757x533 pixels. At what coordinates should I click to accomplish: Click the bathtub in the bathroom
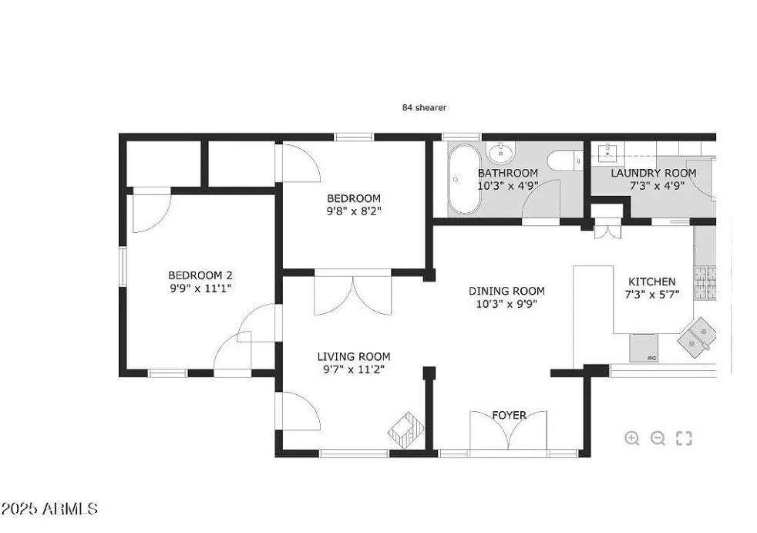tap(464, 179)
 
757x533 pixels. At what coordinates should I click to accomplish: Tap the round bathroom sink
tap(501, 153)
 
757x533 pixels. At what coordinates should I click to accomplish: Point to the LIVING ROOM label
tap(353, 356)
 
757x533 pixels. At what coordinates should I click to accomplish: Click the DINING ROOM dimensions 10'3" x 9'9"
tap(506, 304)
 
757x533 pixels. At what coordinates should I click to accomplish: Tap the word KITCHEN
tap(651, 282)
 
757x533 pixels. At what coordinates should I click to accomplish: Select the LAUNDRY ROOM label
tap(653, 173)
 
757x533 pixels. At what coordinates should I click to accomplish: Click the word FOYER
tap(509, 415)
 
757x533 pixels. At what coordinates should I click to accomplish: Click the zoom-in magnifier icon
tap(631, 438)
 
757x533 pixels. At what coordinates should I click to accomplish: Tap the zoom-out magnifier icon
tap(658, 438)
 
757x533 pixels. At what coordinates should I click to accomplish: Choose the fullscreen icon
tap(684, 438)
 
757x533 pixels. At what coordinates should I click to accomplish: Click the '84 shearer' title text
tap(424, 108)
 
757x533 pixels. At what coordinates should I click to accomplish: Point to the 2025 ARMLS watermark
tap(49, 508)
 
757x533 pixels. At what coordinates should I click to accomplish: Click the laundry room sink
tap(607, 152)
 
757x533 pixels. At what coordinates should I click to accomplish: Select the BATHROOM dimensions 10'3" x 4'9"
tap(508, 186)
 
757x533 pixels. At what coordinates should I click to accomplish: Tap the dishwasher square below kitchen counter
tap(644, 348)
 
